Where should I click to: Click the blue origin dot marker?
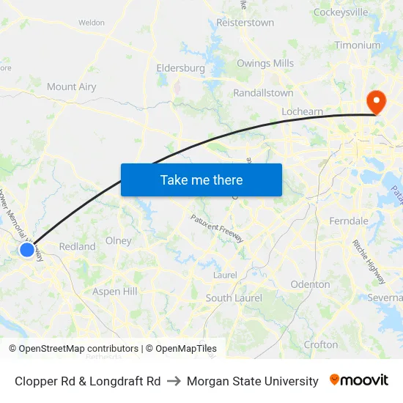point(27,250)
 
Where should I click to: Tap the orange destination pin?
point(377,102)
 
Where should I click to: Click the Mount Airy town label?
point(72,86)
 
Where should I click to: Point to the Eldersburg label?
point(180,68)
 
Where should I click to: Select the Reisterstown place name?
point(245,23)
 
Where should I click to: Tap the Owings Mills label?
point(265,64)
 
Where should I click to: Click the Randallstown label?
point(263,93)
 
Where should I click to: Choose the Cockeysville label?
point(341,12)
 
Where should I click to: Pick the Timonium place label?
point(358,45)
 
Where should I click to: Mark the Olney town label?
point(119,240)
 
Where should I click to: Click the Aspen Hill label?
point(115,292)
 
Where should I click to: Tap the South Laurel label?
point(234,298)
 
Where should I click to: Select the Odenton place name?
point(311,284)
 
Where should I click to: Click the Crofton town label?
point(321,344)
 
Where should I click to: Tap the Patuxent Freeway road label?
point(216,229)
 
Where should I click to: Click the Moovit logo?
point(359,380)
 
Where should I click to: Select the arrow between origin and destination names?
point(174,381)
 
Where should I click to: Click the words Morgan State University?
point(253,381)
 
